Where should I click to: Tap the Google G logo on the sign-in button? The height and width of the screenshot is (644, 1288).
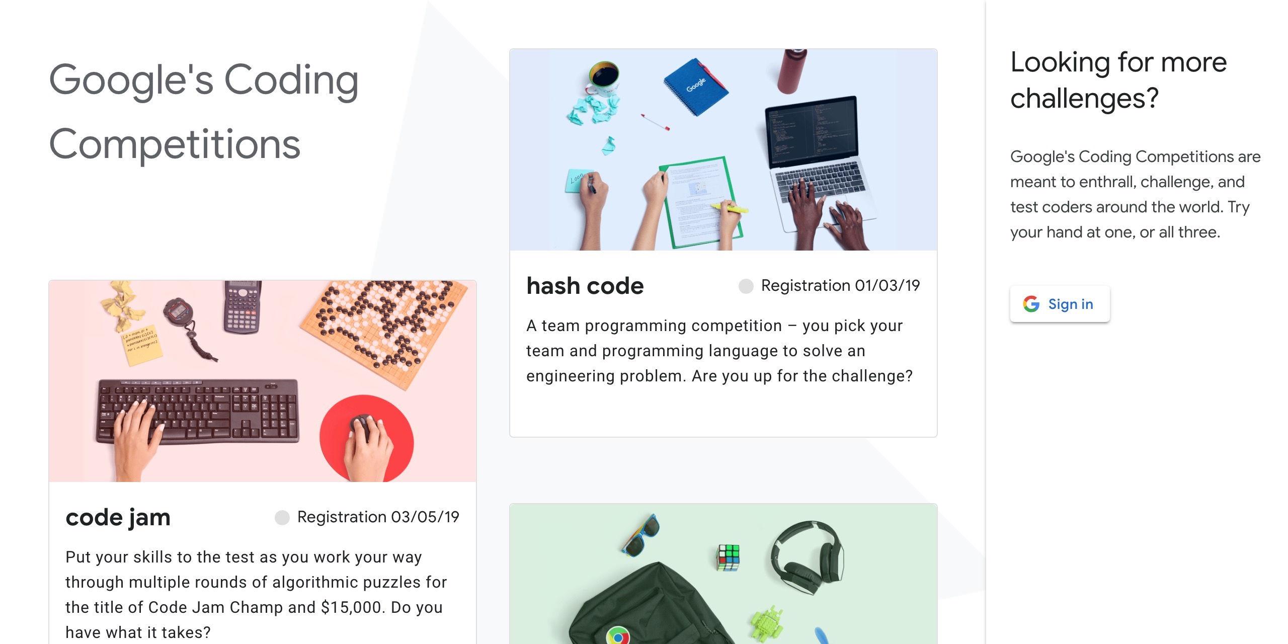(x=1031, y=304)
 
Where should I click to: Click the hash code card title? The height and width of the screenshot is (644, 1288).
(x=585, y=286)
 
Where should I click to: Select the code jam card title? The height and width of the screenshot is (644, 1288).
(x=118, y=517)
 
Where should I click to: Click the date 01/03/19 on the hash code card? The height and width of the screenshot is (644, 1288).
(x=887, y=285)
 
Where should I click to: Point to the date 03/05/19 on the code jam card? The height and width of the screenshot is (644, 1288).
(x=425, y=517)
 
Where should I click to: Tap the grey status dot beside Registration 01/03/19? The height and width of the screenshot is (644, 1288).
(x=746, y=286)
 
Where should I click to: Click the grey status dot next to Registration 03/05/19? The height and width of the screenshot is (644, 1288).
(x=282, y=517)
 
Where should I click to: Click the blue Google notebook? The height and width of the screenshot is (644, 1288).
(x=696, y=86)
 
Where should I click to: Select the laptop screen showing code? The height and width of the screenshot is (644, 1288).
(x=811, y=131)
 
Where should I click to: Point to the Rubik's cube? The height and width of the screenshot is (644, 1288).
(x=728, y=557)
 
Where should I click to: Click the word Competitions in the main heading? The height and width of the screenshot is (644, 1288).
(x=175, y=144)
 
